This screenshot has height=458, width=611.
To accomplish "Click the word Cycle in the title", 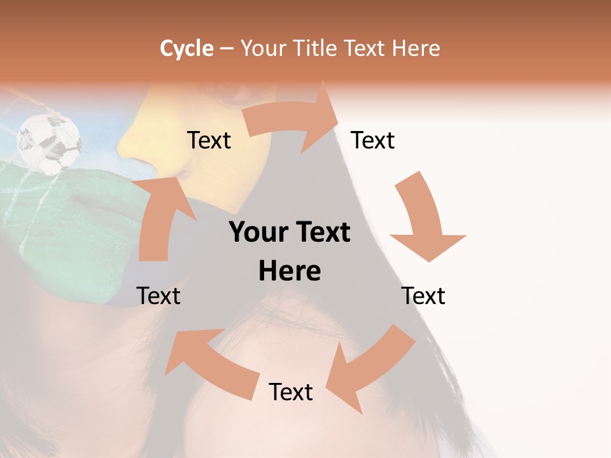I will [186, 48].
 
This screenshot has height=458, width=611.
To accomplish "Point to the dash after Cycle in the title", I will [226, 49].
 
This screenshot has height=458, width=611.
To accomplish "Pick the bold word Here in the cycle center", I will [290, 272].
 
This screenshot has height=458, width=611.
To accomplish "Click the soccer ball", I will [50, 144].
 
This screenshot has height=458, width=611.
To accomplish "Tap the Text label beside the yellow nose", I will [209, 140].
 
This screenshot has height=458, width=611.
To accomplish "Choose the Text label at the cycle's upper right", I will [373, 140].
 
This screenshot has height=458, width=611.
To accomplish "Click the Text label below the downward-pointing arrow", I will [423, 296].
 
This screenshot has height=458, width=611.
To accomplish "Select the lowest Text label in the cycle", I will [291, 392].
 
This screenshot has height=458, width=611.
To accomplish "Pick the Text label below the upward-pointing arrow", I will [158, 296].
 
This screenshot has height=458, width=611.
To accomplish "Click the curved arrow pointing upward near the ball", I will [159, 216].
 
